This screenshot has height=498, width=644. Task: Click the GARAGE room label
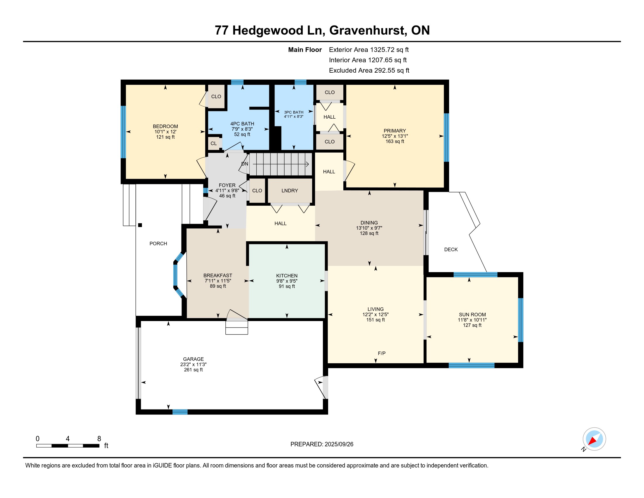(x=193, y=359)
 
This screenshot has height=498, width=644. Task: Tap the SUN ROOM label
(x=472, y=315)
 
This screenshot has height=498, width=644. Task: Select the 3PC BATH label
(x=293, y=112)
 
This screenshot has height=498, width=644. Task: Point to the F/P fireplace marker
(x=381, y=353)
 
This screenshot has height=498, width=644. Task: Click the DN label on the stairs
(x=245, y=164)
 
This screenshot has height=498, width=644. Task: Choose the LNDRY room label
(x=290, y=191)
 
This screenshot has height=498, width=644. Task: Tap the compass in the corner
(x=594, y=439)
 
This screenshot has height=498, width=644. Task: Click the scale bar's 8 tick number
(x=99, y=439)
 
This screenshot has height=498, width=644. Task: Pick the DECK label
(x=451, y=250)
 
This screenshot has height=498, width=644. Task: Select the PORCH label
(x=158, y=243)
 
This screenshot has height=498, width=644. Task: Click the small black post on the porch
(x=140, y=225)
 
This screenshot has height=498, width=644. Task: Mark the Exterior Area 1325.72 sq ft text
(x=369, y=50)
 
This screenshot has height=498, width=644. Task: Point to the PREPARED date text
(x=322, y=444)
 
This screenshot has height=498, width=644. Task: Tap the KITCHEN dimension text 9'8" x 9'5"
(x=287, y=281)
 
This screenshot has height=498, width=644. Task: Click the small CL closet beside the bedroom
(x=214, y=143)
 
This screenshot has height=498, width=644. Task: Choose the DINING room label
(x=369, y=223)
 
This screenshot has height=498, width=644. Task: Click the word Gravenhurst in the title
(x=367, y=30)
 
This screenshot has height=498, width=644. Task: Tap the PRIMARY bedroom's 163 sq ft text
(x=395, y=141)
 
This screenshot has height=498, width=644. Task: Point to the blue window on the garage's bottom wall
(x=180, y=412)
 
